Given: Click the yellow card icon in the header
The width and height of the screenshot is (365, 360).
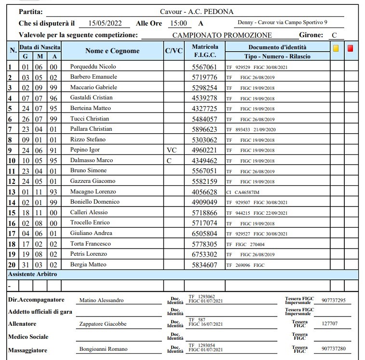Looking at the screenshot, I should coord(336,48).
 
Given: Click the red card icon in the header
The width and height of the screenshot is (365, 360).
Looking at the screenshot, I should coord(351,48).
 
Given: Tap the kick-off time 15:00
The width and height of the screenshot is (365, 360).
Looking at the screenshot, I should coord(178,23).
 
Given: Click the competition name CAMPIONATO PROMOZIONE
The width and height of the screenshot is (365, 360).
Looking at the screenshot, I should coord(222,35).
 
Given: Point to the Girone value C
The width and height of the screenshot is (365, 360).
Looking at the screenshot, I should coord(334,35).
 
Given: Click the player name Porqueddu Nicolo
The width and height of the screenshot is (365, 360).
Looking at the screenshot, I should coord(93,67).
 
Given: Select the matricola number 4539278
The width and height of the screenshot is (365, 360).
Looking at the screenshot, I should coord(204,98).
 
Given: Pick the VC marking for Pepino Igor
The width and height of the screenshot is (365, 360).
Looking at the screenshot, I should coord(171,150).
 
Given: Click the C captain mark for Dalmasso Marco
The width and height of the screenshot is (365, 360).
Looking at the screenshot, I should coord(169,161).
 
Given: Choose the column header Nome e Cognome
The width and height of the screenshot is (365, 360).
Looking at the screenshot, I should coord(112,51).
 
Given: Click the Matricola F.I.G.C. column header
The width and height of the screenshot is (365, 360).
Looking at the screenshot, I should coord(205,51).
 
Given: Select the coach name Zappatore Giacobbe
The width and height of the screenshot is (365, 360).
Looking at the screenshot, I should coord(103,324).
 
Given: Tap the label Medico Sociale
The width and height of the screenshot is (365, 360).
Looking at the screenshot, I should coord(28,337).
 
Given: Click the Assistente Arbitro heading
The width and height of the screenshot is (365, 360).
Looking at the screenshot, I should coord(32,274).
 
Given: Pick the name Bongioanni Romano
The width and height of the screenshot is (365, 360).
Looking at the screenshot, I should coord(104,349).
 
